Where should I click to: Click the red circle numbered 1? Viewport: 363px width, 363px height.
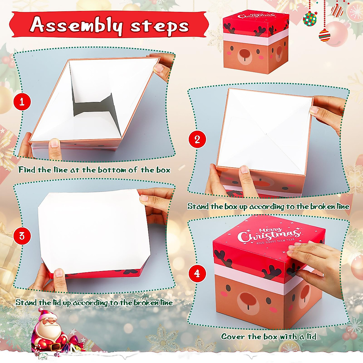click(x=22, y=102)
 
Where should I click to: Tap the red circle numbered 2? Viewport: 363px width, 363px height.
click(x=197, y=139)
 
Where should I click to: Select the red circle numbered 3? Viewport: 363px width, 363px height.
click(x=22, y=236)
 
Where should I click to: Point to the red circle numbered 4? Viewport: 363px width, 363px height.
click(x=197, y=273)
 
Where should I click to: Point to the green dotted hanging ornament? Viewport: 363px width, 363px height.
click(x=309, y=19)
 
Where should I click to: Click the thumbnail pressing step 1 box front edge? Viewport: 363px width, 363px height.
click(x=54, y=143)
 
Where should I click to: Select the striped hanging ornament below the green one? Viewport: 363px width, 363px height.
click(x=324, y=35)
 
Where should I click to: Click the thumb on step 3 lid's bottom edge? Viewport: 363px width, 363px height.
click(x=59, y=273)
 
